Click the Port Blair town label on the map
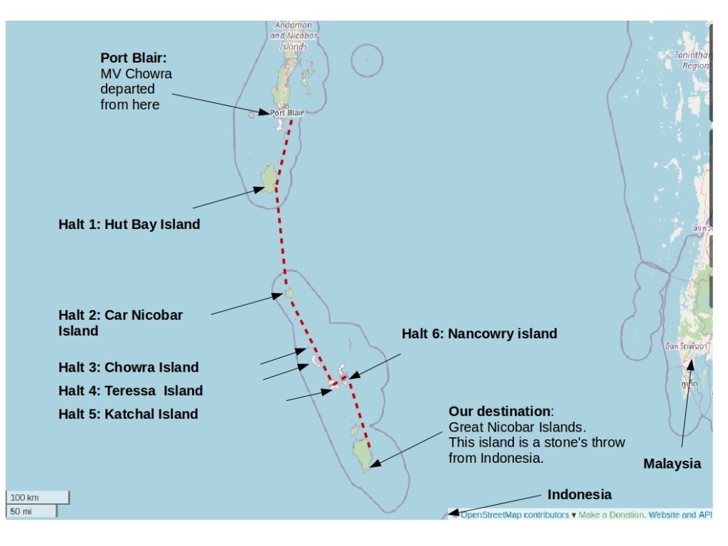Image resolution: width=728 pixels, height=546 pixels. point(287,112)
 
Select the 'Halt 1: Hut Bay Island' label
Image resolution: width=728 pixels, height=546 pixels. point(129,225)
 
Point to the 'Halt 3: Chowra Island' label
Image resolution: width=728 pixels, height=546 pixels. point(128,368)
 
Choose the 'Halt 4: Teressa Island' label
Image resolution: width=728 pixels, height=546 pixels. point(130,390)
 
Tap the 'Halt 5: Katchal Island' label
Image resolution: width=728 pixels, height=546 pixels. point(128,414)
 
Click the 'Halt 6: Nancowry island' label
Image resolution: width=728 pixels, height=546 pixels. point(479,333)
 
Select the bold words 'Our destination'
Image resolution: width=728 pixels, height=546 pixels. point(499,412)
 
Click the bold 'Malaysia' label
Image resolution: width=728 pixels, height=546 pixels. point(672,464)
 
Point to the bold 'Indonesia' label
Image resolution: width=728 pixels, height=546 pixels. point(579,495)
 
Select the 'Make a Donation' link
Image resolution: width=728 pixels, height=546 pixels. point(611,515)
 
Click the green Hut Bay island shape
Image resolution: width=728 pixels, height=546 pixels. point(269,178)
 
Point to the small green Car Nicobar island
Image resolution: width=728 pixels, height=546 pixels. point(289,292)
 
